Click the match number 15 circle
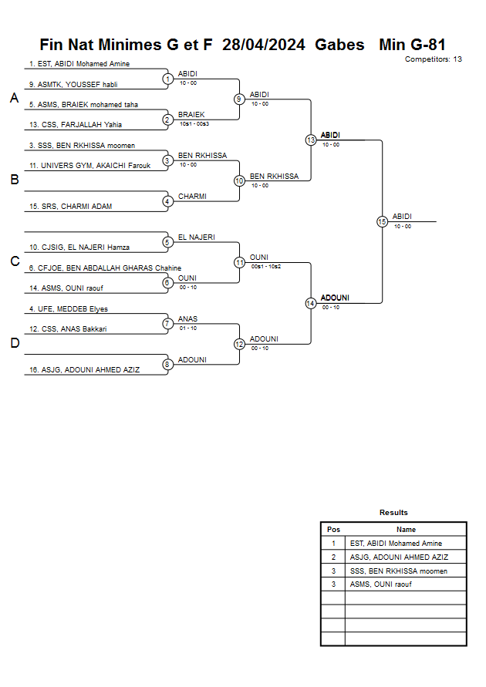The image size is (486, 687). pos(382,222)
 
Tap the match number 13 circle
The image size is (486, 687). pos(311,140)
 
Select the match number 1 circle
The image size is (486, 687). pos(167,79)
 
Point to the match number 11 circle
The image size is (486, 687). pos(239,262)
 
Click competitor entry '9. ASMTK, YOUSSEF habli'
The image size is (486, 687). pos(73,85)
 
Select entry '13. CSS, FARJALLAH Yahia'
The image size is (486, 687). pos(76,124)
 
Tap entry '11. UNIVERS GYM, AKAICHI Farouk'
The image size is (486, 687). pos(89,166)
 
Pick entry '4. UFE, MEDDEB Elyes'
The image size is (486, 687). pos(69,309)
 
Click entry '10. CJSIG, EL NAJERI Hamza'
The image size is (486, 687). pos(79,247)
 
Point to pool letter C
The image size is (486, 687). pos(15,261)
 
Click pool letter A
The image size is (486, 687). pos(15,98)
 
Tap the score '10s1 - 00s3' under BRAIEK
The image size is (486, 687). pos(194,124)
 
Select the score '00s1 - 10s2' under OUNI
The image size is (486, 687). pos(266,266)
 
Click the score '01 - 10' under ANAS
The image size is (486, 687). pos(188,328)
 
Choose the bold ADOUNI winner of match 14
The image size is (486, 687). pos(335,298)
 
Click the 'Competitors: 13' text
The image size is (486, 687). pos(433,59)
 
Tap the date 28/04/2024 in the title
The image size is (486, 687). pos(263,45)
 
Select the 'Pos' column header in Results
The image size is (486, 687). pos(333,529)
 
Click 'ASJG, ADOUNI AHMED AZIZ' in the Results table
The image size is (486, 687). pos(399,557)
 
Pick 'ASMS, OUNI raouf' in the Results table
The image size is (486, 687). pos(380,584)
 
